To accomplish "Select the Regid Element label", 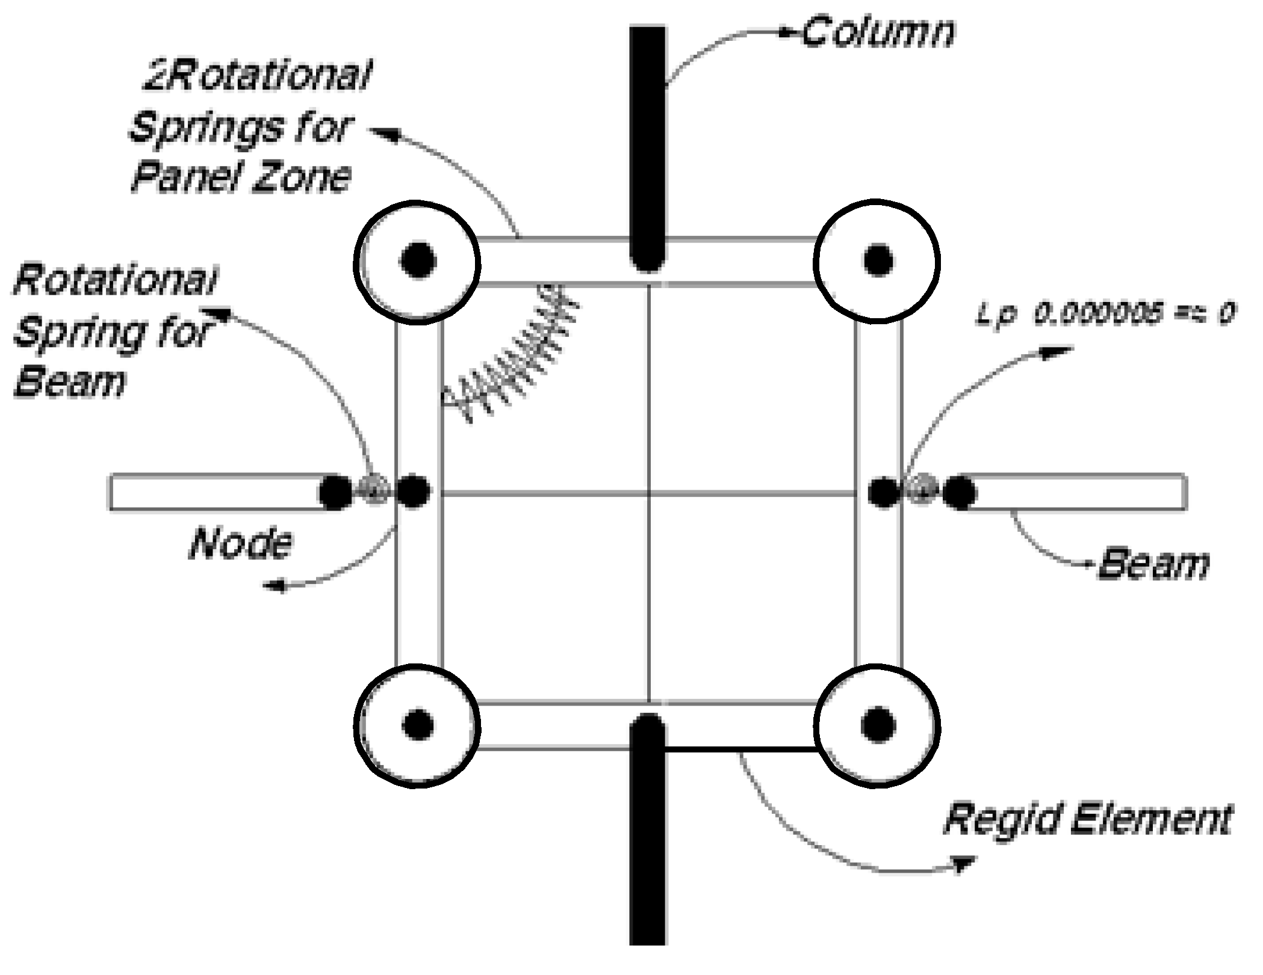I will pos(1087,819).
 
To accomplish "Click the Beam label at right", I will pos(1153,564).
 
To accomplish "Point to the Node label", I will pos(241,543).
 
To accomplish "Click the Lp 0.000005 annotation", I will pos(1104,314).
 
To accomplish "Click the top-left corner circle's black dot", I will pos(417,261).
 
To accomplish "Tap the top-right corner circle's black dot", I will pos(878,260).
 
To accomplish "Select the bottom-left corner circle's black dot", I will pos(417,724).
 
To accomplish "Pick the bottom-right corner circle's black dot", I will pos(877,724).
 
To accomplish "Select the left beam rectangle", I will pos(217,493).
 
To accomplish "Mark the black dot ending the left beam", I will pos(335,493).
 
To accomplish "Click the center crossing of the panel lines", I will pos(648,494).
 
